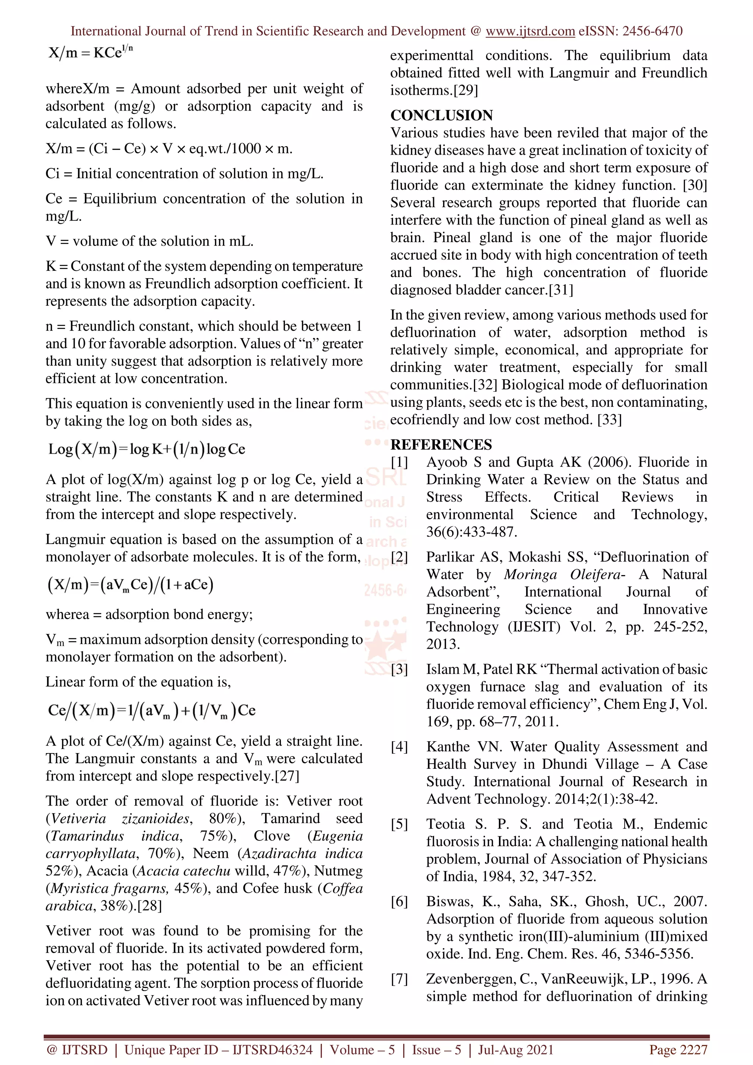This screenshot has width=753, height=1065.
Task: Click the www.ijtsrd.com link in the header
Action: [530, 31]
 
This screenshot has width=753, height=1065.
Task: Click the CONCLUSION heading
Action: [441, 115]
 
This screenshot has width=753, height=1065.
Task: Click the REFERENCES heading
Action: [441, 444]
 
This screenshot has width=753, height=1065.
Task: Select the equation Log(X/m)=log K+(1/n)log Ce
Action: [147, 449]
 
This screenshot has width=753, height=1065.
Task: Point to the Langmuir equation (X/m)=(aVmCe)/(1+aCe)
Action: [131, 584]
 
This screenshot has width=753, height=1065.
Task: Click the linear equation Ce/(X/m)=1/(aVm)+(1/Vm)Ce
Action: [151, 710]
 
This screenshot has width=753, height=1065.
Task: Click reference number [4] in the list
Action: [399, 747]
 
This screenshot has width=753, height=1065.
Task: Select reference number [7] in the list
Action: [399, 979]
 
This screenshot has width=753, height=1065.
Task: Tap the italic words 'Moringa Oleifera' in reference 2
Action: [564, 575]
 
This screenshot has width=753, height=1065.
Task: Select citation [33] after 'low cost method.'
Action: [609, 420]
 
